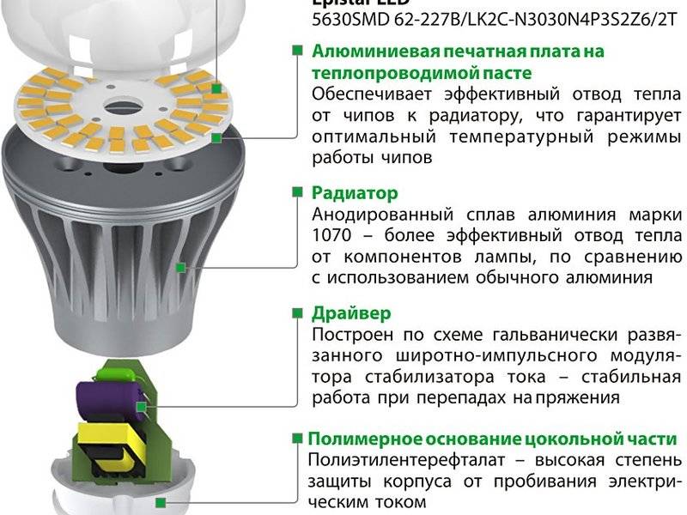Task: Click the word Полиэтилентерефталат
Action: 410,460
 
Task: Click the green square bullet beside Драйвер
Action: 297,313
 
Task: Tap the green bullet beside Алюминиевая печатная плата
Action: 297,50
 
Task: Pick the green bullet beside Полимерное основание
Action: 297,438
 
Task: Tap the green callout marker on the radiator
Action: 181,268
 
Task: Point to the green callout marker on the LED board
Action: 219,136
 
